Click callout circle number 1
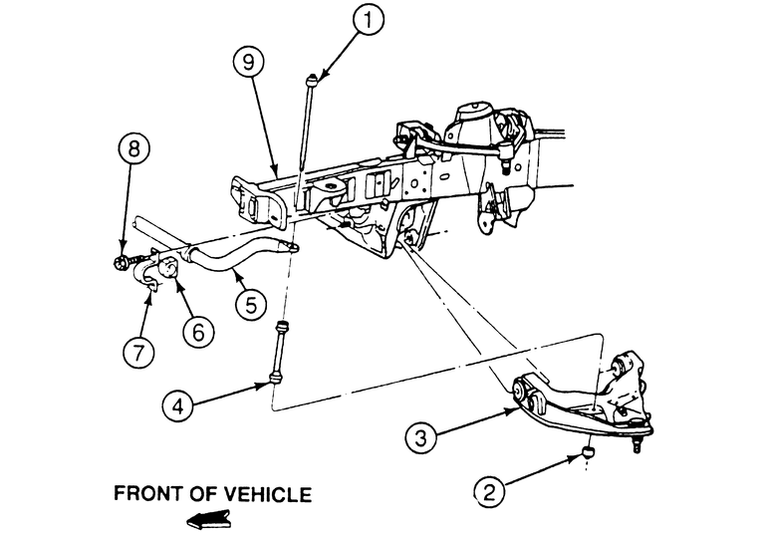(370, 20)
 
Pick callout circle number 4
(180, 404)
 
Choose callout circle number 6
(197, 331)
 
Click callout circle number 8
(134, 150)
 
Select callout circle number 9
(251, 62)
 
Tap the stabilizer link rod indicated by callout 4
(278, 351)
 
